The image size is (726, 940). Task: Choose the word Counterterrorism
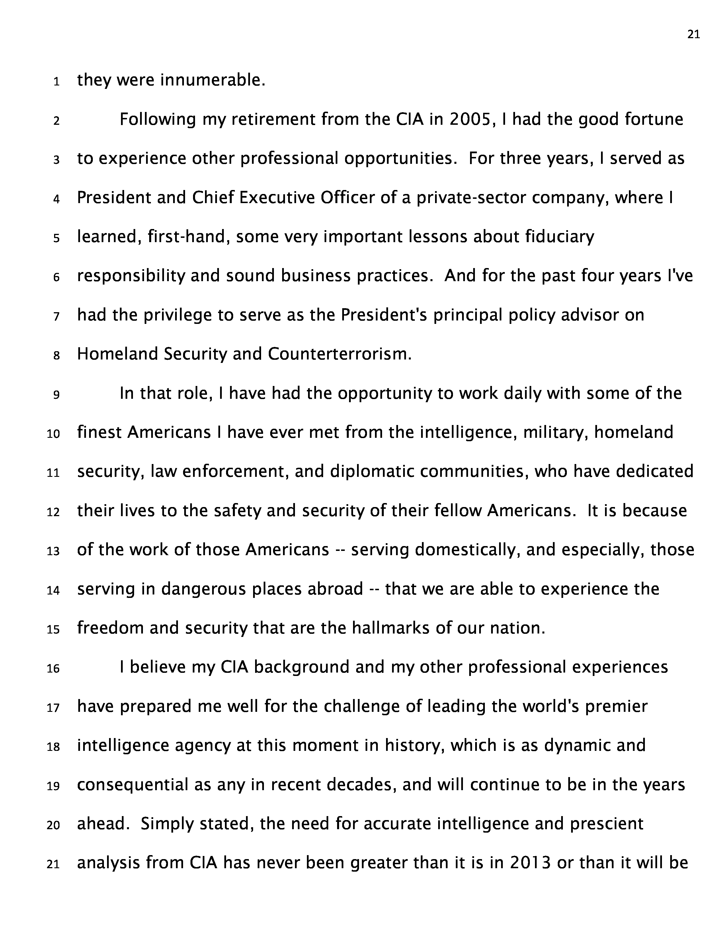coord(339,354)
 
